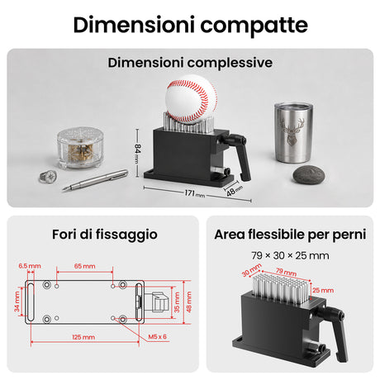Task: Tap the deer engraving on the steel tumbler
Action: (x=293, y=131)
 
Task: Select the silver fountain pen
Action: (x=95, y=180)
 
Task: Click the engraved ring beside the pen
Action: (x=48, y=177)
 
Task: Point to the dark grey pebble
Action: (x=309, y=174)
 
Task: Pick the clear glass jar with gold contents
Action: (x=80, y=148)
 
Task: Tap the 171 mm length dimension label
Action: (x=195, y=193)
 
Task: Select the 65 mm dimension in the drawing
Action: (x=85, y=266)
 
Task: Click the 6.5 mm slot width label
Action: (x=30, y=266)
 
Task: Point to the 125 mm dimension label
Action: (x=83, y=337)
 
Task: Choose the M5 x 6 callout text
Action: (x=157, y=336)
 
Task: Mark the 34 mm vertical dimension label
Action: (x=17, y=302)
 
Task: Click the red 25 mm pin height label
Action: (x=323, y=290)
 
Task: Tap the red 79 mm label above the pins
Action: (x=287, y=273)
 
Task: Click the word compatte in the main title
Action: (x=254, y=25)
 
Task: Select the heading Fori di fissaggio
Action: (x=105, y=235)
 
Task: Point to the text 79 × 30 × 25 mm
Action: (x=290, y=256)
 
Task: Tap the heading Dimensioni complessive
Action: (x=190, y=63)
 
